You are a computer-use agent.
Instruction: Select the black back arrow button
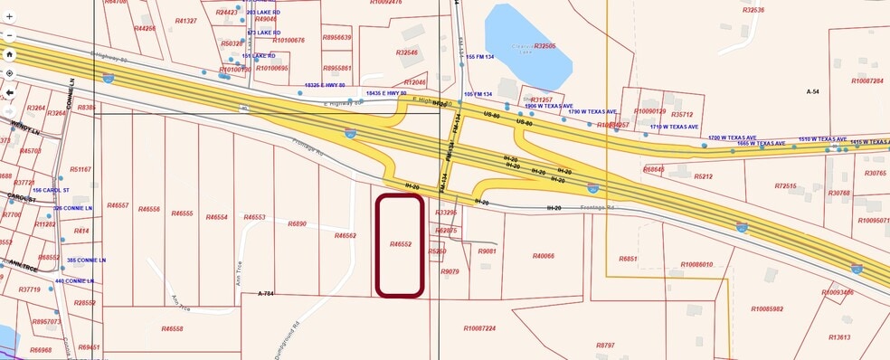coord(8,92)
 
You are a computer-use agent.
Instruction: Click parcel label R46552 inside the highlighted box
coord(401,244)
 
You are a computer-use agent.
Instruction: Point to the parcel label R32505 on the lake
coord(544,46)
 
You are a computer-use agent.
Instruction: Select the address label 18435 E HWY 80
coord(385,93)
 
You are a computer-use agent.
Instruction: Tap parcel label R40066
coord(543,256)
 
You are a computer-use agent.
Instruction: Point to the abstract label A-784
coord(266,294)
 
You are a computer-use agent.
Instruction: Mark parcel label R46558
coord(172,328)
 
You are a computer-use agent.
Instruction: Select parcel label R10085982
coord(767,308)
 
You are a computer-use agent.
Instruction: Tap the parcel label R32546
coord(407,53)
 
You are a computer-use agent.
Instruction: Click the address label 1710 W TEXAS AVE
coord(674,128)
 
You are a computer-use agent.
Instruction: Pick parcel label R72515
coord(786,186)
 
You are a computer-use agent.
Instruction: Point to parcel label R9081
coord(487,251)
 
